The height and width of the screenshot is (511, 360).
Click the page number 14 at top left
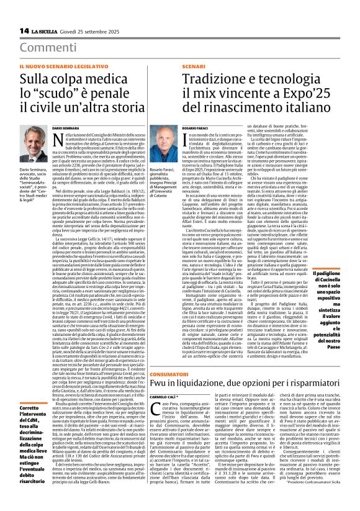23,30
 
